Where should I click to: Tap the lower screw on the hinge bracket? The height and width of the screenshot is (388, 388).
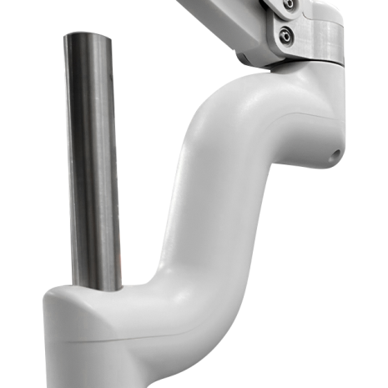[x=287, y=35]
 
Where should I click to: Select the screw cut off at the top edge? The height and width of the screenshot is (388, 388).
[x=289, y=3]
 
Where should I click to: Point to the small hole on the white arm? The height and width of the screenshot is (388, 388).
[x=335, y=153]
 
